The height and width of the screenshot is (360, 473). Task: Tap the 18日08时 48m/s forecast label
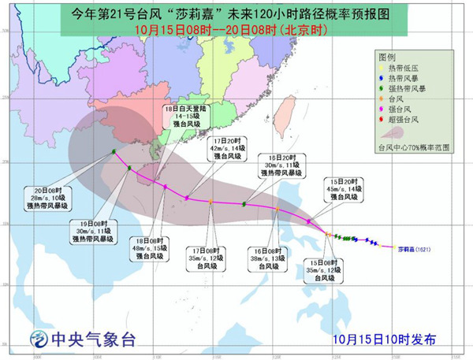coord(151,248)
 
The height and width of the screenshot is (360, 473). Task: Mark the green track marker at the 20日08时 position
coord(114,152)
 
